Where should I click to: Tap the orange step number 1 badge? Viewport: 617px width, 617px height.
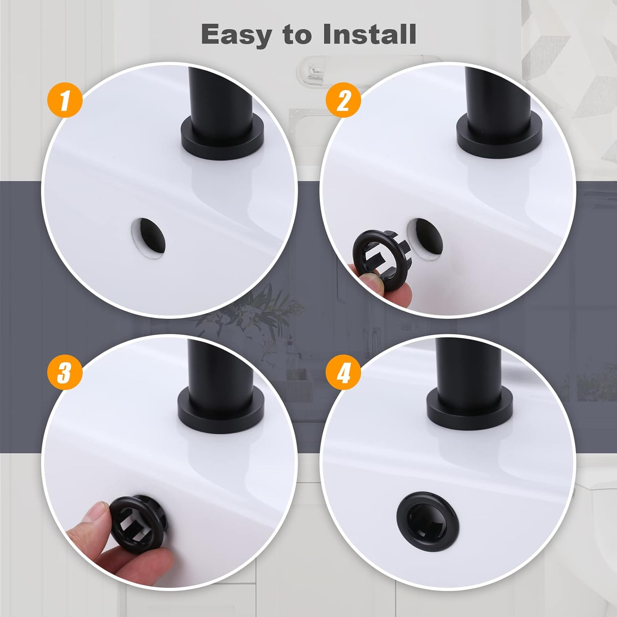coord(65,100)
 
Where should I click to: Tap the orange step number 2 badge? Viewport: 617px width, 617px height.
coord(343,100)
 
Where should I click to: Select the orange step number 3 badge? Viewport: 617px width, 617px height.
coord(65,373)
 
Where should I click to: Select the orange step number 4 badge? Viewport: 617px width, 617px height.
coord(343,373)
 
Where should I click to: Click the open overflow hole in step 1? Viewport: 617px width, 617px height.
coord(148,235)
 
